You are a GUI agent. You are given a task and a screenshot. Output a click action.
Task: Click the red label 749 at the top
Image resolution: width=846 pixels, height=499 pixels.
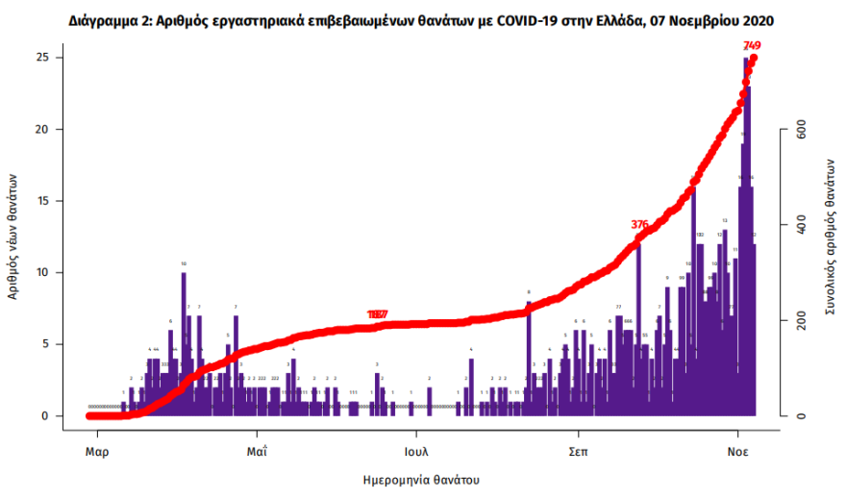[x=752, y=45]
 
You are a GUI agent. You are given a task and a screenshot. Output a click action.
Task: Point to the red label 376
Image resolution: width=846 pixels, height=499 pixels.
[x=640, y=224]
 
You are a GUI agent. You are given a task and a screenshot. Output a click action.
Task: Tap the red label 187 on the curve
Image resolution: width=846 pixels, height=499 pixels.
[x=378, y=314]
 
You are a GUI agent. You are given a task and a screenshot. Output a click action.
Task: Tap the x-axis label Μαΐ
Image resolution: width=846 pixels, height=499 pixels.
[x=256, y=450]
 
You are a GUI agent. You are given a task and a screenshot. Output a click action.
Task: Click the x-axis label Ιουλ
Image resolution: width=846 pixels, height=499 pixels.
[x=416, y=450]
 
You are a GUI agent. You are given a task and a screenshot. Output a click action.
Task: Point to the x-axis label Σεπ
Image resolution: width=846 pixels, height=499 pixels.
[x=578, y=450]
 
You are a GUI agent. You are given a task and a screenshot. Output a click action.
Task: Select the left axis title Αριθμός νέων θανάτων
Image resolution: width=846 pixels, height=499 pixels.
[x=13, y=237]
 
